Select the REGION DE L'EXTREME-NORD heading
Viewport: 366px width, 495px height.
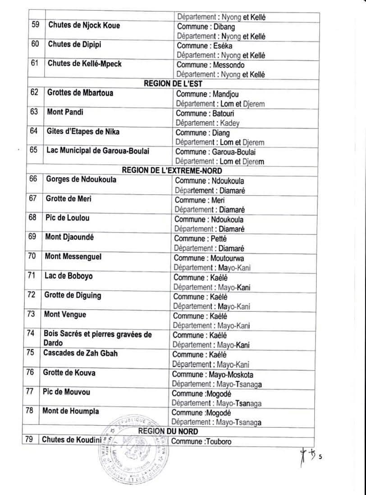[x=172, y=170]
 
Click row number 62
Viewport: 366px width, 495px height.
[x=34, y=93]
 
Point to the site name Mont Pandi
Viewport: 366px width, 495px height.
[x=65, y=112]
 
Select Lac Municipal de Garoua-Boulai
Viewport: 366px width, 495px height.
[x=98, y=150]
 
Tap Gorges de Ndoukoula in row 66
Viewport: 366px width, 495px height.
[x=81, y=180]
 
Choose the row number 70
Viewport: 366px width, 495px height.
[x=32, y=256]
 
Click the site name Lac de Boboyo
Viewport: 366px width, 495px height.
[x=69, y=276]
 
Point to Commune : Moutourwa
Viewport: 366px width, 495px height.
[x=208, y=258]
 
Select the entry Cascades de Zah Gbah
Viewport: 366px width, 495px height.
[x=80, y=353]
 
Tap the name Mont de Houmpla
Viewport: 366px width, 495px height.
[x=71, y=411]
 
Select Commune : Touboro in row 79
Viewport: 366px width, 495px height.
[x=201, y=441]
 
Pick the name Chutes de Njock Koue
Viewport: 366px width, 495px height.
[x=84, y=25]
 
